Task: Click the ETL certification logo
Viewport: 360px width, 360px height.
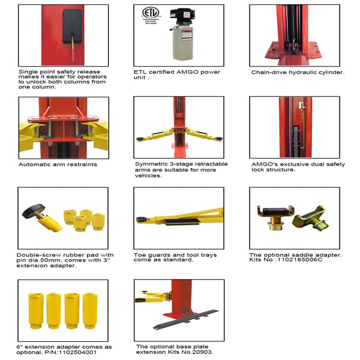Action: (x=148, y=15)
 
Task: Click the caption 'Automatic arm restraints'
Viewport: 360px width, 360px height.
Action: (x=58, y=164)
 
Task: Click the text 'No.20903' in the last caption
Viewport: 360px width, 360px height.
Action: (x=198, y=353)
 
